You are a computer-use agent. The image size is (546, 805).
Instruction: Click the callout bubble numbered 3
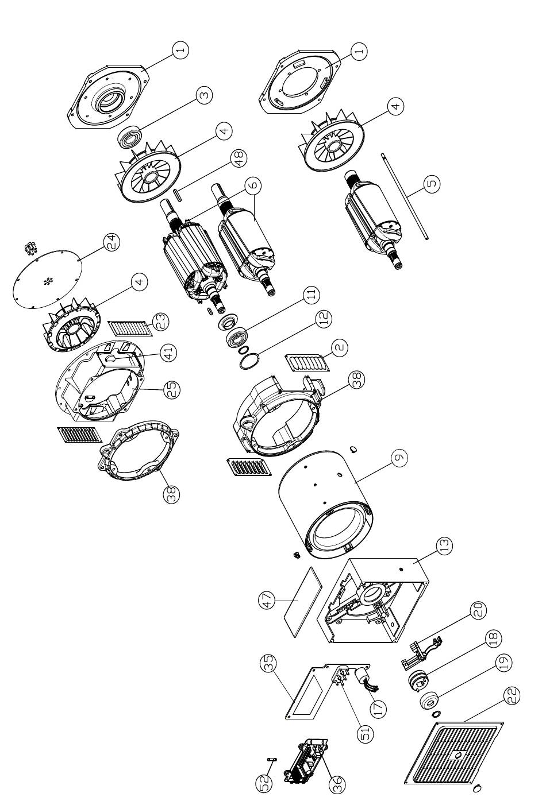(204, 95)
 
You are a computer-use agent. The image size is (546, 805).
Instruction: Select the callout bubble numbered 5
(432, 183)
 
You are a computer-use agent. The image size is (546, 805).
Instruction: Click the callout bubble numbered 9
(399, 458)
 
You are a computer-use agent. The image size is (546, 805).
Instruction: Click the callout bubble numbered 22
(511, 696)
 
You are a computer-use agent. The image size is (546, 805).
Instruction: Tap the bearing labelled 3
(130, 137)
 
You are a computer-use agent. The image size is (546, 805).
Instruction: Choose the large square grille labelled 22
(453, 752)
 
